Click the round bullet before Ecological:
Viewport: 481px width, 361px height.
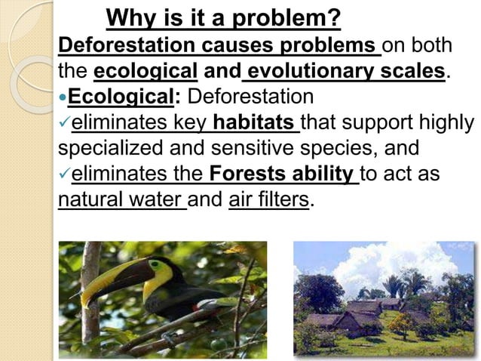63,98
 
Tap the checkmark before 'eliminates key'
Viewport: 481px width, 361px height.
63,123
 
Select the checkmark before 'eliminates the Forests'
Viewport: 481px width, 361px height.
63,175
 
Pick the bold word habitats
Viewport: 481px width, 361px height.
256,123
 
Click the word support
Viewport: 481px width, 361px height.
355,123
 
